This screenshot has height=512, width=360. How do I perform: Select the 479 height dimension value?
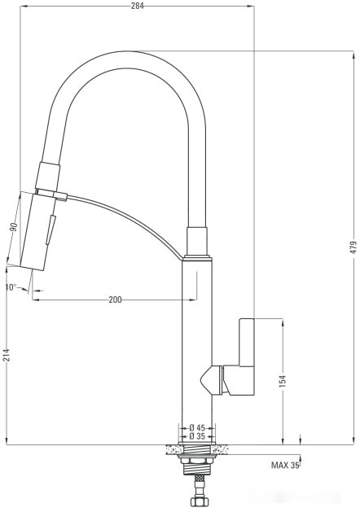click(352, 247)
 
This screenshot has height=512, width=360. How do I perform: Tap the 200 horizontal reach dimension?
click(115, 300)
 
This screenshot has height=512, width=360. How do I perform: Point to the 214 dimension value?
click(7, 353)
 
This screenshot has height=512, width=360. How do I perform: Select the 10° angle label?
click(11, 287)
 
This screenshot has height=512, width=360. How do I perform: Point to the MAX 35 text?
click(285, 466)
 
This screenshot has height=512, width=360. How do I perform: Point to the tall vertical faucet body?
click(196, 342)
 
